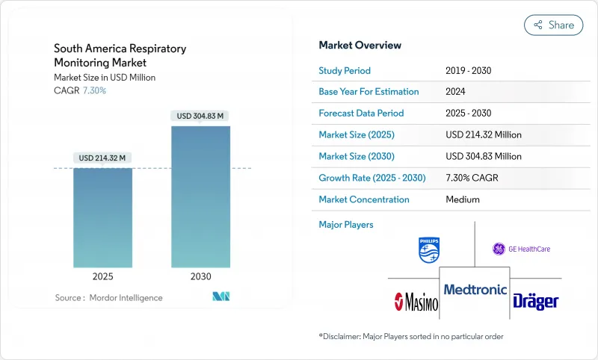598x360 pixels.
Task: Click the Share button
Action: [x=553, y=25]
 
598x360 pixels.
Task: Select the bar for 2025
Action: [x=102, y=217]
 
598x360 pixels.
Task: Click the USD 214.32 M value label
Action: [x=102, y=158]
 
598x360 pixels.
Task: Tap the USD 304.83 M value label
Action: [x=200, y=116]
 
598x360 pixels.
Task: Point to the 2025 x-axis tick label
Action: [x=102, y=276]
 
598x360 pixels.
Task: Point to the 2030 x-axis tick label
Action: [x=200, y=276]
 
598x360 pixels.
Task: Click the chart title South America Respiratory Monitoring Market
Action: [x=120, y=56]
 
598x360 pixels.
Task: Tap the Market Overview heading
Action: [x=360, y=46]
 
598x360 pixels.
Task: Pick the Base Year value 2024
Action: [x=456, y=92]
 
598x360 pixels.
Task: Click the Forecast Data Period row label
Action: [x=361, y=114]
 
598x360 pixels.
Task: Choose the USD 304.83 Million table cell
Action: [x=483, y=156]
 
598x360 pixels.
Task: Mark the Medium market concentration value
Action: [x=462, y=199]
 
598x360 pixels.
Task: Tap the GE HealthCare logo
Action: [x=521, y=249]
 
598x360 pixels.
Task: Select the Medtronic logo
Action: [x=475, y=289]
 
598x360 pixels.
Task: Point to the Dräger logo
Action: [x=535, y=301]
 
